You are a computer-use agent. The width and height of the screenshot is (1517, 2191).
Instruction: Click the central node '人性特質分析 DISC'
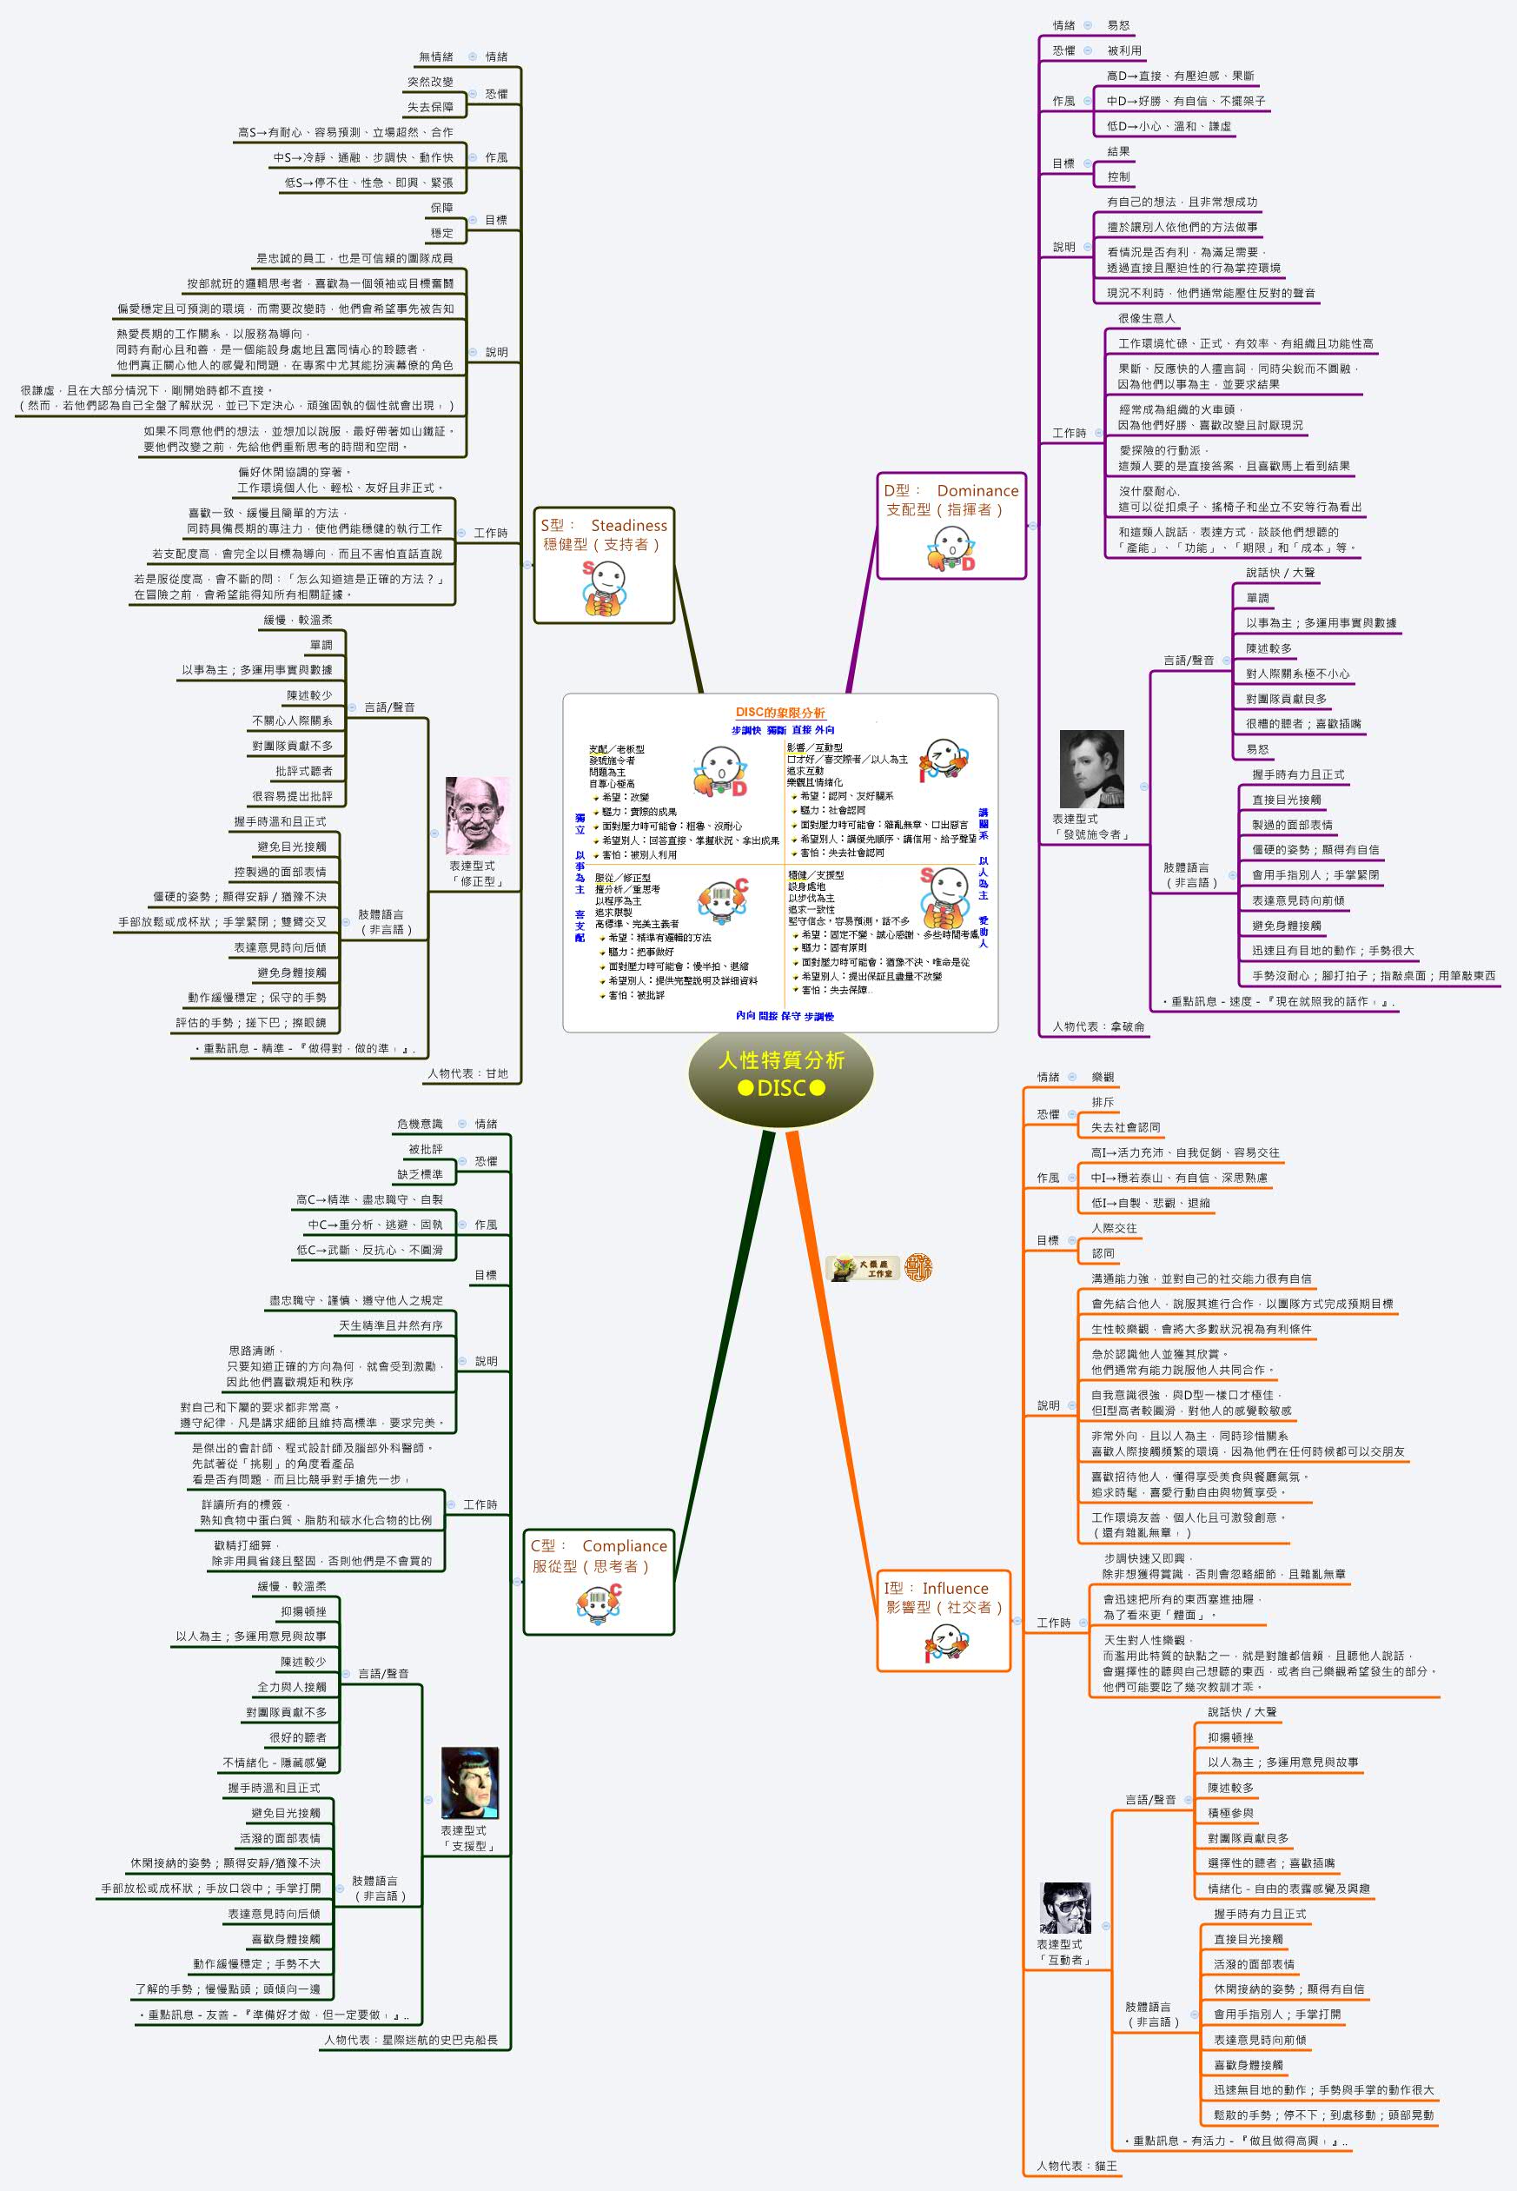point(780,1074)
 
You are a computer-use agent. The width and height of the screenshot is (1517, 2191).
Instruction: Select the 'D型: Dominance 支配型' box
point(951,525)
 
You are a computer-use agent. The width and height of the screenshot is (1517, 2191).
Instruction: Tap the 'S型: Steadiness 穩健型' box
point(604,565)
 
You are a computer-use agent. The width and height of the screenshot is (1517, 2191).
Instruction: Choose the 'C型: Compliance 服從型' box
point(598,1581)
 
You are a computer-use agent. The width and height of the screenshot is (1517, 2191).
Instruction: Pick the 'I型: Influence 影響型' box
point(942,1621)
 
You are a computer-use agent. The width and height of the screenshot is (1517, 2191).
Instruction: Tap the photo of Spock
point(469,1783)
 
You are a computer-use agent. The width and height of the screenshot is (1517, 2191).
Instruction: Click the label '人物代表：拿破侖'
point(1098,1026)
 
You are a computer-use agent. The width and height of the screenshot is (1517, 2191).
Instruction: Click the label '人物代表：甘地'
point(467,1073)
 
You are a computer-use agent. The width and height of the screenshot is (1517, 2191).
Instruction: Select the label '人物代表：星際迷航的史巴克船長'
point(411,2039)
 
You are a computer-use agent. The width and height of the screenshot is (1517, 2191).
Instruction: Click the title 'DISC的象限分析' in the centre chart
point(779,712)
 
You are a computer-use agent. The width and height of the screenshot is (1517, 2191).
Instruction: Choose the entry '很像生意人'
point(1145,318)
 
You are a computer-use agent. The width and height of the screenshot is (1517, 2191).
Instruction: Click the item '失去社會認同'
point(1125,1127)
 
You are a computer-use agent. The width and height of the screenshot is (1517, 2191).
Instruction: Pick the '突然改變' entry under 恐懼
point(431,82)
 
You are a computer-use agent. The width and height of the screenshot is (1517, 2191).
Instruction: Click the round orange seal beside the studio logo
point(918,1267)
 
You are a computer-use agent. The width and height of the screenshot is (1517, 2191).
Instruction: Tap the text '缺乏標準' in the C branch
point(421,1174)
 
